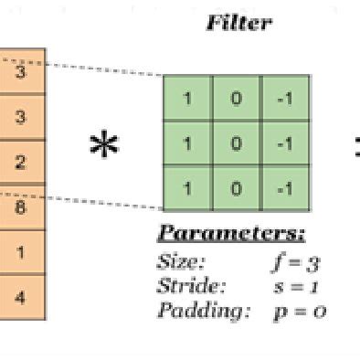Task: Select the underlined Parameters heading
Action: coord(231,232)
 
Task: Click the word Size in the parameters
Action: coord(182,262)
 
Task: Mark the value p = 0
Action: coord(299,311)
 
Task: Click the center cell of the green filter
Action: coord(237,143)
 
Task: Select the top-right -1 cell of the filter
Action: coord(285,98)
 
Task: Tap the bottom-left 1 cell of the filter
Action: coord(188,188)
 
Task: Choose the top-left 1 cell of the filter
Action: coord(188,98)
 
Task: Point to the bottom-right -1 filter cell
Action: coord(285,188)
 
